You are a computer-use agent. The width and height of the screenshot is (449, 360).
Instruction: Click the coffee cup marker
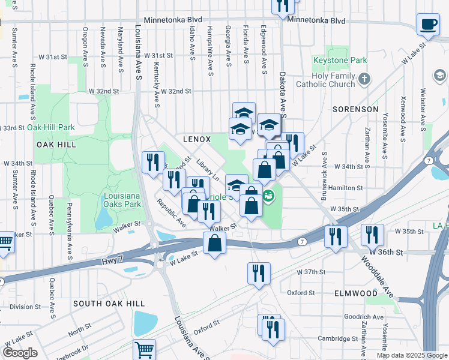pos(428,25)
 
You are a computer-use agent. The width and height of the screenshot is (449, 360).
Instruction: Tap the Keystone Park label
pos(339,61)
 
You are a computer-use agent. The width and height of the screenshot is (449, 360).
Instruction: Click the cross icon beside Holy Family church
pos(363,79)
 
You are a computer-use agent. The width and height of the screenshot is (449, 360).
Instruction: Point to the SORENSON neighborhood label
pos(355,109)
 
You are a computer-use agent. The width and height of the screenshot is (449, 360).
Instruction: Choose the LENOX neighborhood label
pos(197,139)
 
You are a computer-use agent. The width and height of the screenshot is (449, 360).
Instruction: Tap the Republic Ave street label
pos(172,213)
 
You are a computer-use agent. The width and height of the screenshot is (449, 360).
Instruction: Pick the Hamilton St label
pos(348,188)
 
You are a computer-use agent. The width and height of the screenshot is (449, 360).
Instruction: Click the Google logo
pos(19,353)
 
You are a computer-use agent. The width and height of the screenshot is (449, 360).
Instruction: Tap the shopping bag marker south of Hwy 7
pos(214,243)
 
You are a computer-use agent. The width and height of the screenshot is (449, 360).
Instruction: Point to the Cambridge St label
pos(337,338)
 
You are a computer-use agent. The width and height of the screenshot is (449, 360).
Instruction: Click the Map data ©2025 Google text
pos(411,355)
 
